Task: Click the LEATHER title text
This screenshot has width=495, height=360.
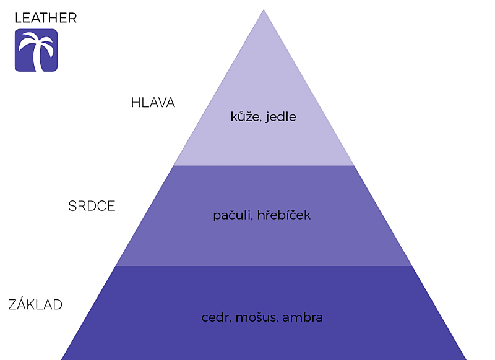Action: coord(46,18)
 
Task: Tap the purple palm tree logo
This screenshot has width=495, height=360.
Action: coord(37,50)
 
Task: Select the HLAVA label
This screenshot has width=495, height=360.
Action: coord(153,103)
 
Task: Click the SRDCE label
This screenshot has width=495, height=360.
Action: coord(92,206)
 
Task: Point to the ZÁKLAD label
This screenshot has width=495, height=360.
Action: coord(35,304)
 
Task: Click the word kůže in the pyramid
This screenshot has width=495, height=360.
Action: coord(245,116)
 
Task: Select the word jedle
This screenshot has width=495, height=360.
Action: coord(281,117)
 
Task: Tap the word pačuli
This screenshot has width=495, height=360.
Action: coord(231,215)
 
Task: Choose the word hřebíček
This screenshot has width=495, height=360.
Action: coord(284,215)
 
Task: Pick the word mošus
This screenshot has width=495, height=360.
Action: coord(256,317)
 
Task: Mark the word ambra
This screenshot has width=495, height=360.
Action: coord(303,317)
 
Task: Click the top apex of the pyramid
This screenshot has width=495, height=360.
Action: coord(264,9)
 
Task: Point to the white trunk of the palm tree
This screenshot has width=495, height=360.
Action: coord(37,56)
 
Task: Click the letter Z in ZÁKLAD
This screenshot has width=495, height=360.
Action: coord(12,305)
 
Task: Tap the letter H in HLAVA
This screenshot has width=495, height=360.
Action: coord(136,103)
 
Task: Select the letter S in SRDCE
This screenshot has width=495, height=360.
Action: coord(72,206)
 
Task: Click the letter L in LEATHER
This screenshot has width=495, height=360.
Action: coord(19,18)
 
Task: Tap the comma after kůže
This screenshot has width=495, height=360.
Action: coord(260,121)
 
